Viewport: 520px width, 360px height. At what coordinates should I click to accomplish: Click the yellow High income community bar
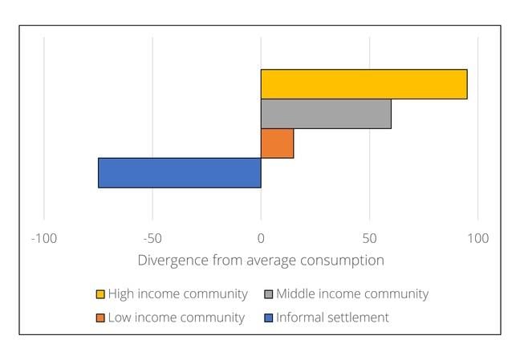(364, 84)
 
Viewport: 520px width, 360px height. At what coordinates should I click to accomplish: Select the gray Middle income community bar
(326, 114)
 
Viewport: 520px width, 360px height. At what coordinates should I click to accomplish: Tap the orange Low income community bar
(277, 144)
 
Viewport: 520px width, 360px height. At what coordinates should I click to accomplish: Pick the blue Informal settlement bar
(179, 172)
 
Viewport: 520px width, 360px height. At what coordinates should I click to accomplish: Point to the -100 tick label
(43, 238)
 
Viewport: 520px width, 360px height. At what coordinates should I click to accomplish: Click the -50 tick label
(152, 238)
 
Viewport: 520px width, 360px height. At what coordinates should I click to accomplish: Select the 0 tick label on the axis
(261, 238)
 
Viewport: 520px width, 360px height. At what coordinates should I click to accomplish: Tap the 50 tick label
(369, 238)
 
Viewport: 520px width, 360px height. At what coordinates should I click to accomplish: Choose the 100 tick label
(477, 238)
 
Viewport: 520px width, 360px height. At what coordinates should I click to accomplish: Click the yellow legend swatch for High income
(100, 294)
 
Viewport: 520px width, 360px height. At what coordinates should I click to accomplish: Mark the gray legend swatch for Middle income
(269, 294)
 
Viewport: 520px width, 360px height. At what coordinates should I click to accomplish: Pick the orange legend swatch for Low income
(100, 318)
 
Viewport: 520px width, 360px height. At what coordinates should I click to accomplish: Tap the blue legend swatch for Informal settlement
(269, 318)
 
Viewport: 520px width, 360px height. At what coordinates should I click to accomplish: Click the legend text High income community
(177, 294)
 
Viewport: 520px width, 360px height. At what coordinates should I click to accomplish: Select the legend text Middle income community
(351, 294)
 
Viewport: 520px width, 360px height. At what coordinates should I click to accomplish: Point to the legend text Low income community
(176, 318)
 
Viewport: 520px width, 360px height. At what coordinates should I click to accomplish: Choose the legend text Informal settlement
(332, 318)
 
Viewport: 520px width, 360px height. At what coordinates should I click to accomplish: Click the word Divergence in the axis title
(172, 261)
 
